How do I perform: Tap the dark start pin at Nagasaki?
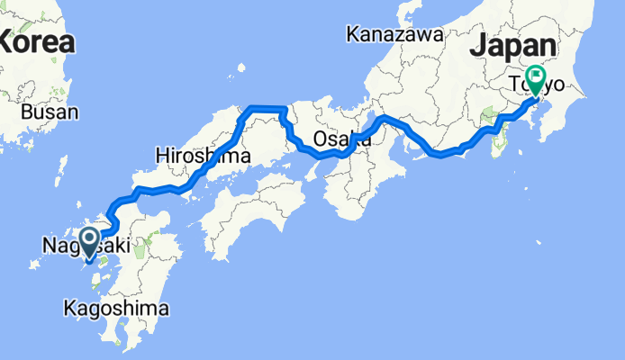[x=90, y=240]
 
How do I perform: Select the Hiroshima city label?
[x=190, y=155]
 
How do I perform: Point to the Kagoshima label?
[x=115, y=309]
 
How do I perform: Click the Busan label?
[x=50, y=112]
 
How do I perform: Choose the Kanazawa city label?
[x=394, y=35]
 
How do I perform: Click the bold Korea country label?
[x=36, y=40]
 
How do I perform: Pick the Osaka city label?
[x=342, y=139]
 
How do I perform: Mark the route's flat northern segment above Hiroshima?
[x=266, y=108]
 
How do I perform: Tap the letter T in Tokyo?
[x=516, y=85]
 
